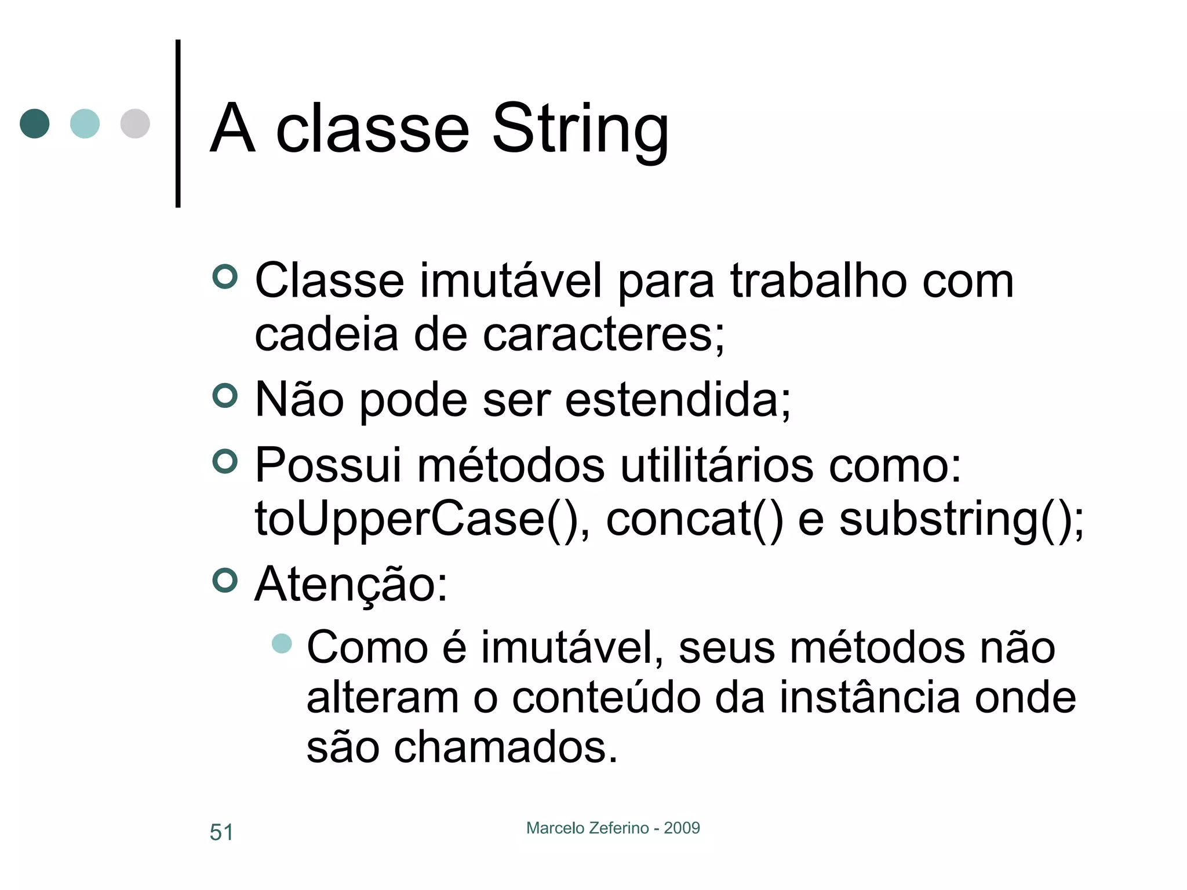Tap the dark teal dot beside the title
35,123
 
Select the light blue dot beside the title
85,123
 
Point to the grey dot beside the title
135,123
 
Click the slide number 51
221,832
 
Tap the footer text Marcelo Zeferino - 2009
613,828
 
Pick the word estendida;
678,400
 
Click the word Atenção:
351,584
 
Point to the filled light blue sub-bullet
282,643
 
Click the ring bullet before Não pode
225,396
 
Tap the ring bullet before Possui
225,462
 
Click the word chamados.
505,747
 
